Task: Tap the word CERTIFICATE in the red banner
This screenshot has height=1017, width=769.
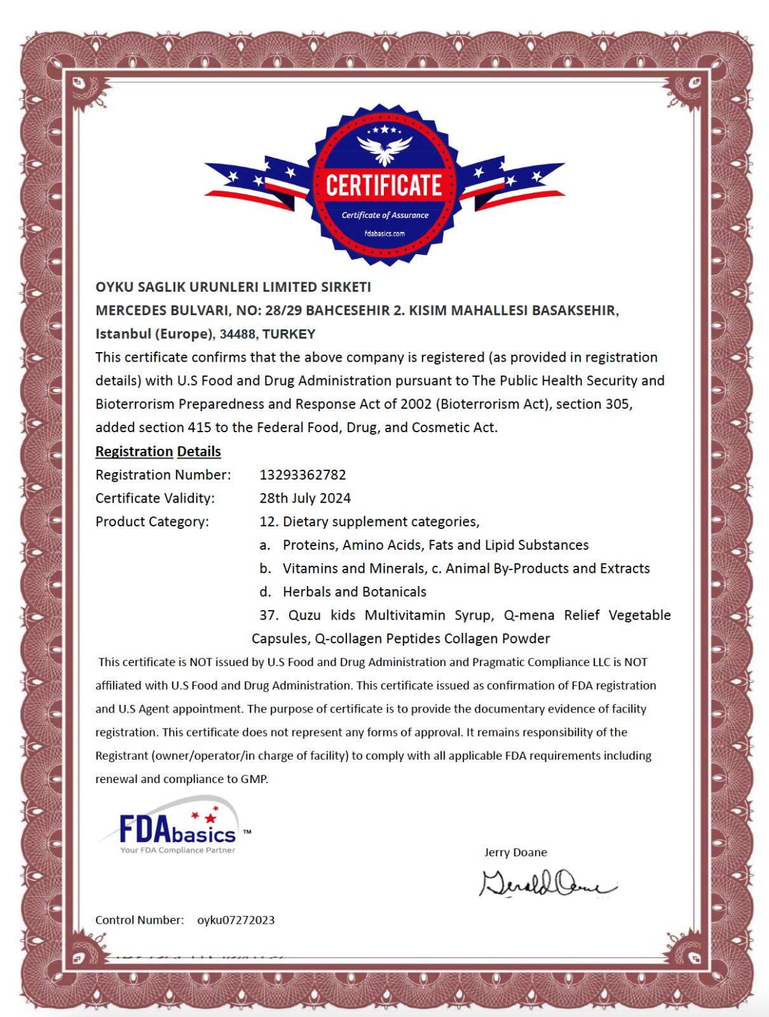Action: click(x=384, y=186)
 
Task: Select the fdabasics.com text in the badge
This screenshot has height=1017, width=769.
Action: click(x=384, y=233)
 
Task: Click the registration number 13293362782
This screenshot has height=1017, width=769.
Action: click(x=303, y=475)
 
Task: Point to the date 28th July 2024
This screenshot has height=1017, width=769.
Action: click(x=305, y=498)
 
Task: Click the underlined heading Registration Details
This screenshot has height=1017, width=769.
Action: click(x=158, y=451)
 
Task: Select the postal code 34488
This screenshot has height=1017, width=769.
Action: click(x=238, y=334)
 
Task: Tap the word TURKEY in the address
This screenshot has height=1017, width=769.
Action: click(x=289, y=334)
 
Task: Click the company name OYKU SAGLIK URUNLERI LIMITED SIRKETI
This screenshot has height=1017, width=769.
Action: click(x=233, y=287)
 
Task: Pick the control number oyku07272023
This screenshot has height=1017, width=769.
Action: click(x=236, y=920)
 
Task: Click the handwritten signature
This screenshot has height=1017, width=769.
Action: click(x=547, y=884)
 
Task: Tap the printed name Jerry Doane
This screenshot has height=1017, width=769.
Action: click(x=515, y=852)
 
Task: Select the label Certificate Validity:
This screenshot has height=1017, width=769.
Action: click(x=155, y=498)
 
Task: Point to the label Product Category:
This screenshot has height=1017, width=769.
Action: click(x=152, y=522)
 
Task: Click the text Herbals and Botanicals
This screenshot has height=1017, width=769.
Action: click(x=355, y=592)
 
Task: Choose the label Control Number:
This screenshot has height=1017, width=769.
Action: click(x=139, y=920)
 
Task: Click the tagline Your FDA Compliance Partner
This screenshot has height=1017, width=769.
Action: click(x=178, y=850)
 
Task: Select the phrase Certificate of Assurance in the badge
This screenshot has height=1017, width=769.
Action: click(x=385, y=215)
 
